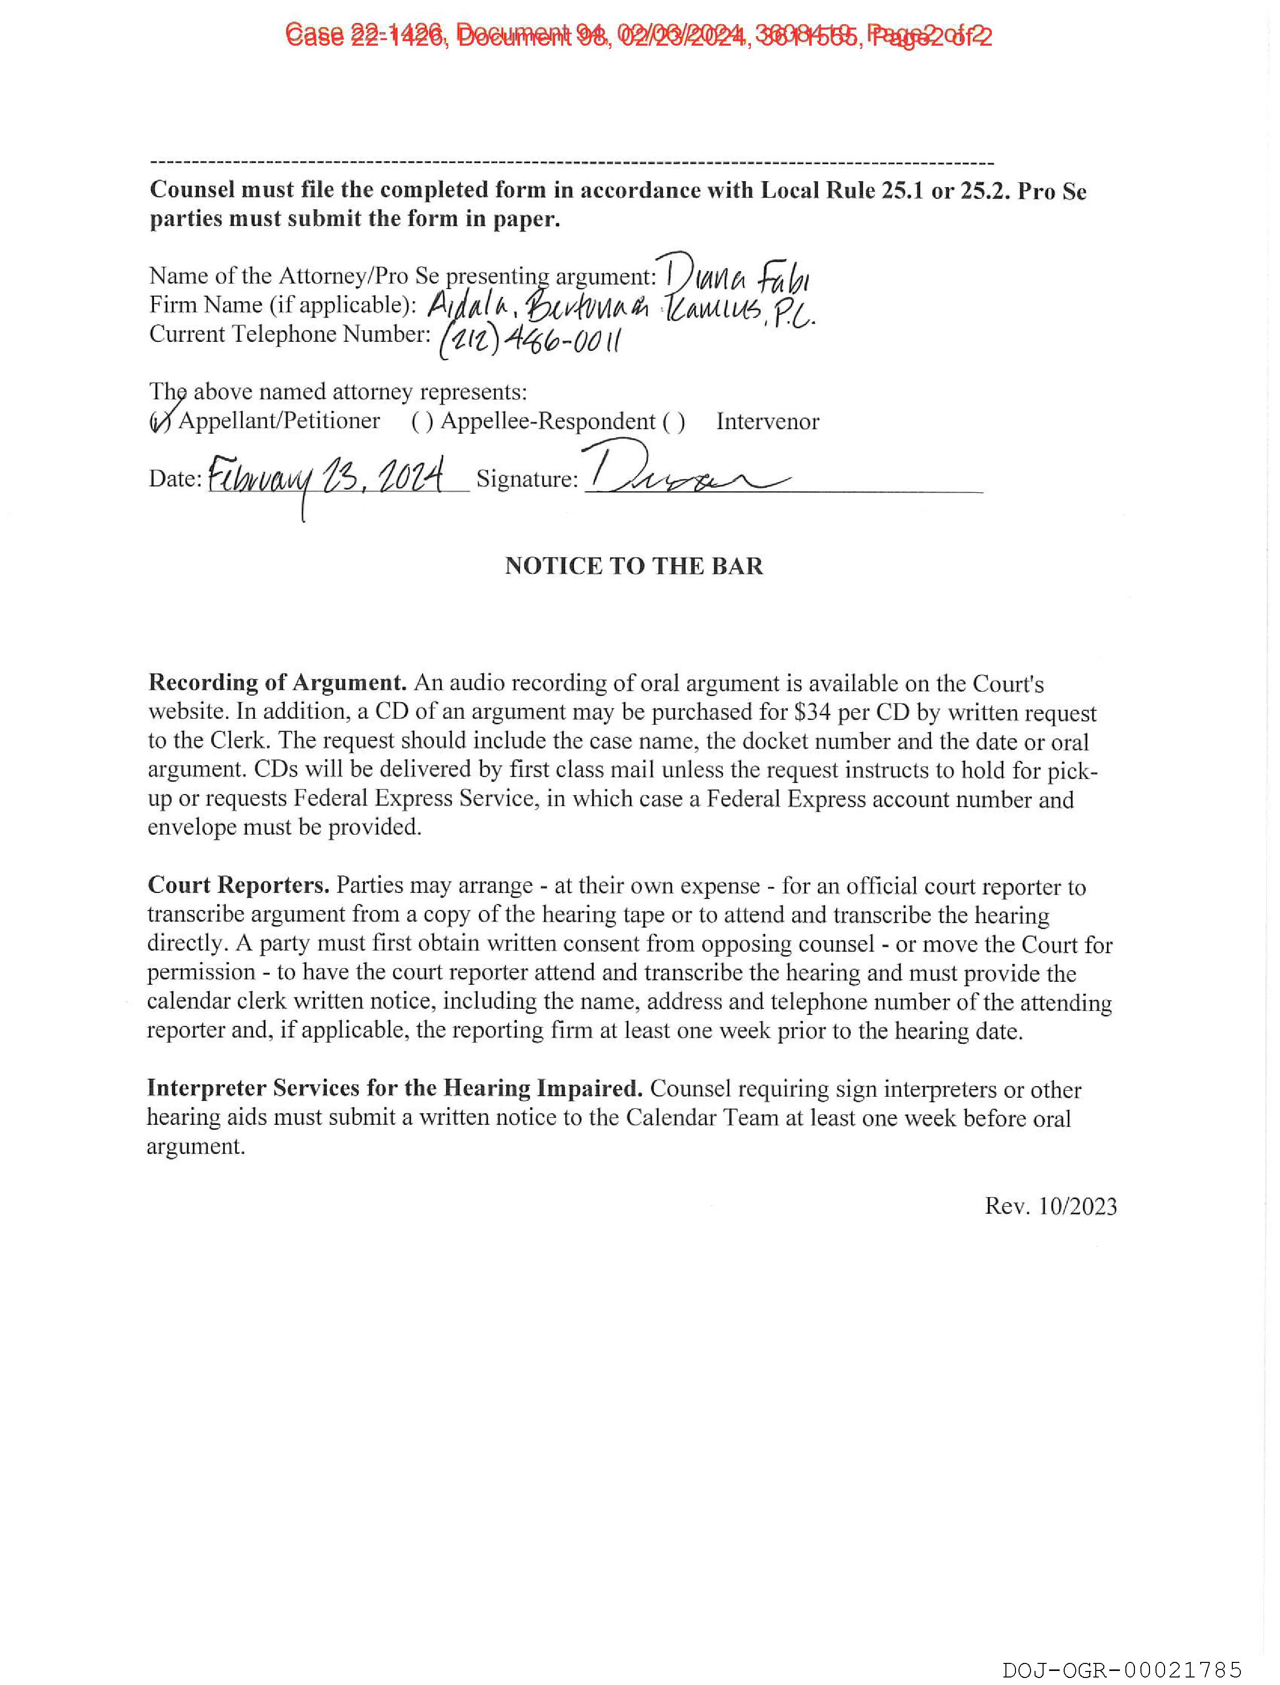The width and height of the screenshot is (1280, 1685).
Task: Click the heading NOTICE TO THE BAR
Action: (x=634, y=566)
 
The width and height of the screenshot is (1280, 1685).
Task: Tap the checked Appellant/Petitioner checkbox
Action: (x=160, y=421)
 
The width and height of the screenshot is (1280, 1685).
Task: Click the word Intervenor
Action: (x=767, y=421)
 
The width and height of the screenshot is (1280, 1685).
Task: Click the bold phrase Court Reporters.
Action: (x=238, y=884)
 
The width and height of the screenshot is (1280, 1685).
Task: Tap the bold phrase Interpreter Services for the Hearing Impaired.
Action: (x=395, y=1088)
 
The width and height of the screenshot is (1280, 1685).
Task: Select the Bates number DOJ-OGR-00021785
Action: (x=1121, y=1670)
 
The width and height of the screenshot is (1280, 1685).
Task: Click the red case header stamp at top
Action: (x=638, y=35)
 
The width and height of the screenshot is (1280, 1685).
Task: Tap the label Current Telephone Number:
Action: (x=290, y=334)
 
